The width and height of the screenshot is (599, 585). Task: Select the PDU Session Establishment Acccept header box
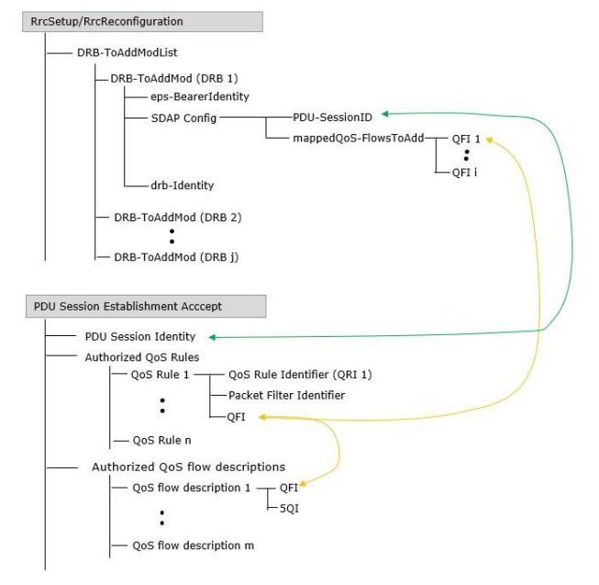click(x=144, y=306)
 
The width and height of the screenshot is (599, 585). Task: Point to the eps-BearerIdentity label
click(x=200, y=96)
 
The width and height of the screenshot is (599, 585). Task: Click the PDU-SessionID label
click(x=332, y=117)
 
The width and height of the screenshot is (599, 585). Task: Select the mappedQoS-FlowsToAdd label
click(x=359, y=138)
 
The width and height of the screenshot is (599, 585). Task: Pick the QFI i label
click(x=464, y=171)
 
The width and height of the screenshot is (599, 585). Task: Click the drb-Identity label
click(x=183, y=185)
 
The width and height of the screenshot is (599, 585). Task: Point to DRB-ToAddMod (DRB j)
click(x=176, y=256)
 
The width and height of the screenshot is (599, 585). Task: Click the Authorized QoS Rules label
click(x=141, y=356)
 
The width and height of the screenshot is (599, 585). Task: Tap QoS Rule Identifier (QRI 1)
click(x=300, y=375)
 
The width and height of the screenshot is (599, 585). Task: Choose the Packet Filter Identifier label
click(x=286, y=395)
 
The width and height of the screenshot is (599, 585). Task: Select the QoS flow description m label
click(x=193, y=546)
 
